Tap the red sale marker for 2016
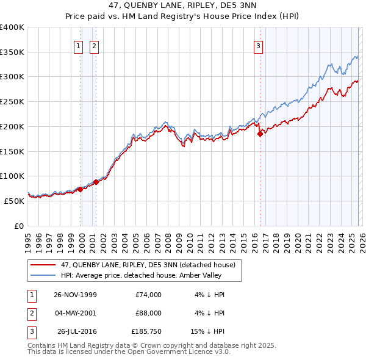click(x=260, y=134)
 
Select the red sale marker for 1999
click(x=81, y=189)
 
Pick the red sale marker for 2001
click(x=96, y=182)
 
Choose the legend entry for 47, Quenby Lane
click(x=134, y=265)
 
